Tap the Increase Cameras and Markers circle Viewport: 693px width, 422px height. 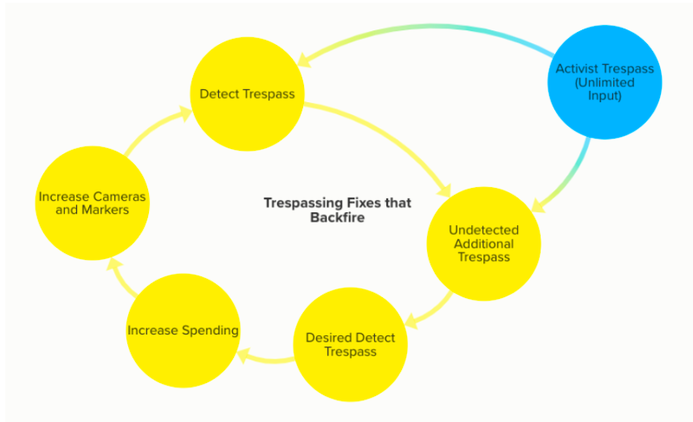(x=92, y=204)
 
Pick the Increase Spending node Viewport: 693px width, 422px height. (x=183, y=330)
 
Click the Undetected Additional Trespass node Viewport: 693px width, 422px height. (x=484, y=243)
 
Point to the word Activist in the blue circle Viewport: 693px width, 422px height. (x=580, y=69)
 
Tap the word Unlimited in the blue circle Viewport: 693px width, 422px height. (x=606, y=82)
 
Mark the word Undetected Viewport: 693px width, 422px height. (x=484, y=230)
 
